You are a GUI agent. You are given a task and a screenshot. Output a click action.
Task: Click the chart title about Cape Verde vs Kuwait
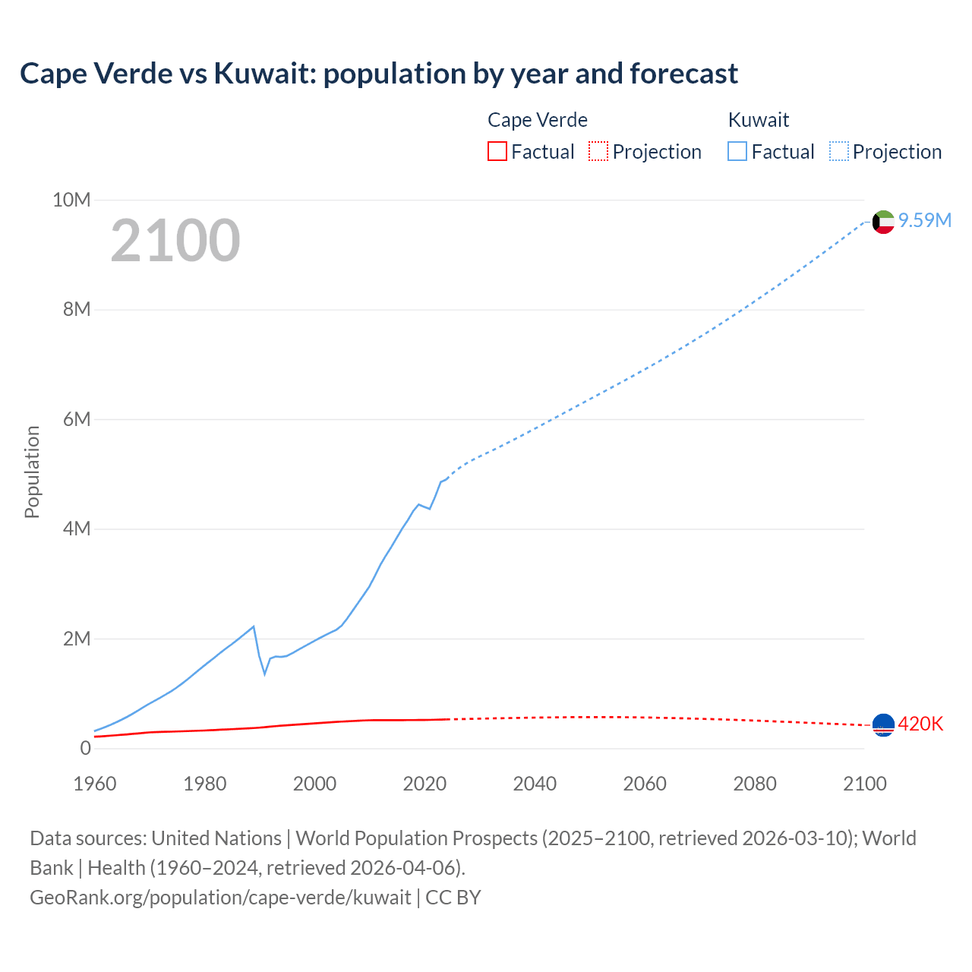(378, 74)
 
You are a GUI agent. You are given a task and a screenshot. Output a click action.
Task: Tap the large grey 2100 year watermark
(175, 241)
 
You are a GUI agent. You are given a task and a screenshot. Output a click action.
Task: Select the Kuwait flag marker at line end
(883, 222)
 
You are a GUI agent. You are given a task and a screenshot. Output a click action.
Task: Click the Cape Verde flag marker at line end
(883, 725)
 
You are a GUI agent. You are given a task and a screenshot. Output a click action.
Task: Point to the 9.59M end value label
(924, 220)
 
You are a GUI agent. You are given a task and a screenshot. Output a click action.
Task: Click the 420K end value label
(920, 724)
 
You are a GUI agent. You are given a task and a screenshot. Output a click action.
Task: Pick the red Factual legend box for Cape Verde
(497, 152)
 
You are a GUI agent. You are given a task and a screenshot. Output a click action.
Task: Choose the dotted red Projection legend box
(598, 152)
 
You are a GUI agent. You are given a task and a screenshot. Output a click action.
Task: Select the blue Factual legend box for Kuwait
(737, 152)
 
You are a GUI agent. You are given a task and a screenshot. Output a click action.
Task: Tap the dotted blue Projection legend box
(839, 152)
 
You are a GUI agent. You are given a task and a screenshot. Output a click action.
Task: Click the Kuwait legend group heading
(758, 120)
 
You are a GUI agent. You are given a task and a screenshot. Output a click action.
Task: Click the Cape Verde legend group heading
(537, 120)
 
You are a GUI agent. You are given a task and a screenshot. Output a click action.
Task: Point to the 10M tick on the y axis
(71, 200)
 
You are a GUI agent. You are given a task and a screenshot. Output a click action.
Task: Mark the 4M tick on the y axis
(76, 529)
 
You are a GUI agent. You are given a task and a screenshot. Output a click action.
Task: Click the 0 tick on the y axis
(85, 748)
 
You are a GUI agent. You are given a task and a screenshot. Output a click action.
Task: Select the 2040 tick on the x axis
(535, 784)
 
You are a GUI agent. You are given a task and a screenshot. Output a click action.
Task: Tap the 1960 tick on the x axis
(95, 784)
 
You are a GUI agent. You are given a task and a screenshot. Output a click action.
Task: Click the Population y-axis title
(32, 472)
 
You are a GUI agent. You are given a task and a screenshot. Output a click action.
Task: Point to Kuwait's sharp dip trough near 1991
(265, 674)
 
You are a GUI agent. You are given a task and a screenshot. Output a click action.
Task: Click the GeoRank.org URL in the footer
(220, 898)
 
